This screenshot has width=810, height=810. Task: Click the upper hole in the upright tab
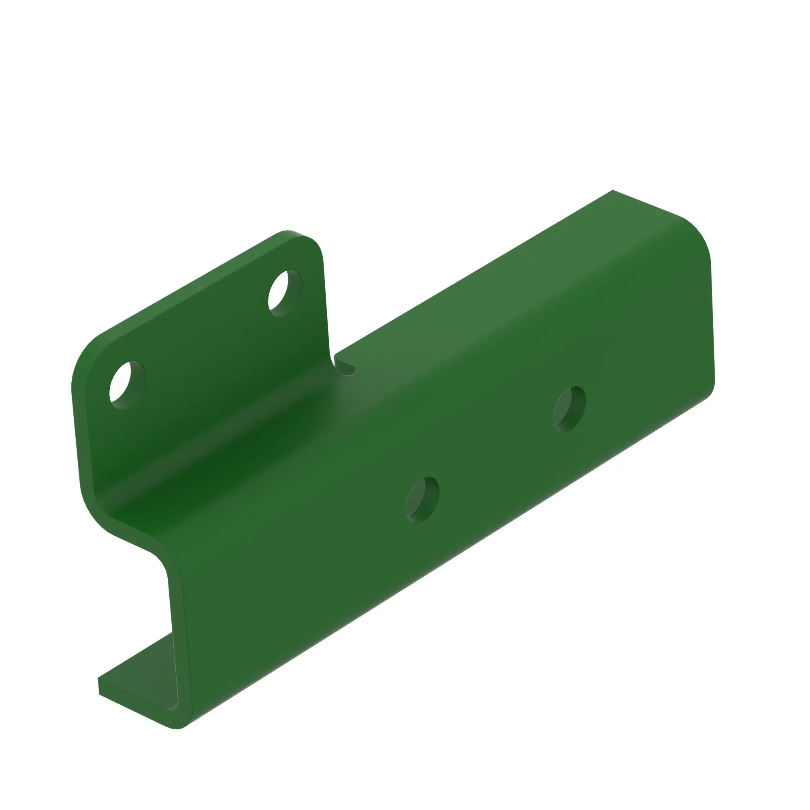[285, 292]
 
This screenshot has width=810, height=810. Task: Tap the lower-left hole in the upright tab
[126, 384]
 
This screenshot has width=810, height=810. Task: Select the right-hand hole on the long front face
[569, 409]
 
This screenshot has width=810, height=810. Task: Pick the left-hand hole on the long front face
[422, 500]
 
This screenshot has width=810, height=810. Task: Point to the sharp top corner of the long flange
[613, 191]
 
